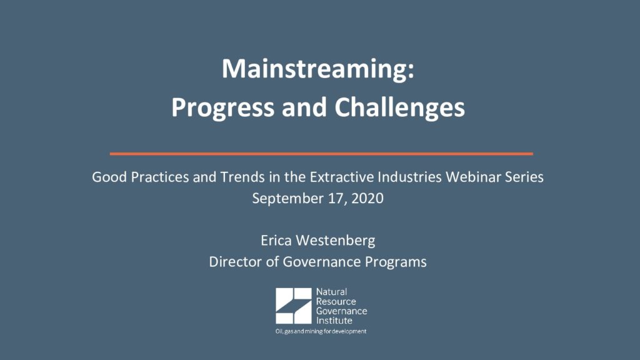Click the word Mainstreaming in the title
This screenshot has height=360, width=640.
pos(315,70)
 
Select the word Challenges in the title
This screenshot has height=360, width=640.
pos(399,109)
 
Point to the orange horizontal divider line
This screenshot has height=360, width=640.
pos(321,154)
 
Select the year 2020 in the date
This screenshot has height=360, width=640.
pos(367,198)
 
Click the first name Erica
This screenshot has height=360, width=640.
pos(276,241)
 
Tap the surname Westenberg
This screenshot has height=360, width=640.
pos(336,241)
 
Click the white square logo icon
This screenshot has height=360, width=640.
pos(294,306)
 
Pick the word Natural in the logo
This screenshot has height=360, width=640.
pos(331,292)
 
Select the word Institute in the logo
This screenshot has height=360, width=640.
pos(334,321)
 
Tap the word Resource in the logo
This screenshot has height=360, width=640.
pos(336,302)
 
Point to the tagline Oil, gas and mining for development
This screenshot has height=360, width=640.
pos(321,331)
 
